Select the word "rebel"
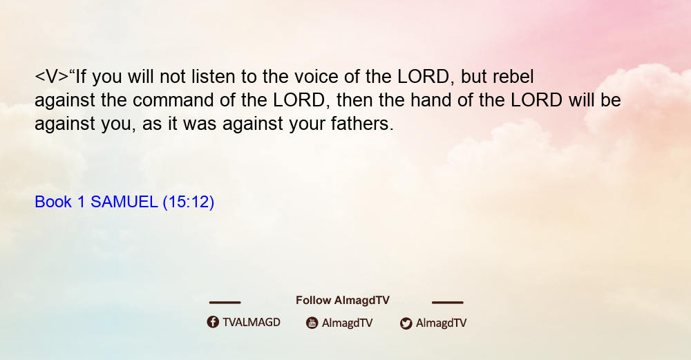(x=513, y=77)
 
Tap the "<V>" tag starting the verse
(x=52, y=77)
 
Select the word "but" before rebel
(x=474, y=77)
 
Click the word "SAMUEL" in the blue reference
(x=124, y=202)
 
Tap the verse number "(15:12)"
(x=188, y=202)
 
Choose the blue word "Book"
(x=53, y=202)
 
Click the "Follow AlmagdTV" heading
(x=343, y=300)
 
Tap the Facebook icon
(x=213, y=322)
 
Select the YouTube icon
(x=312, y=323)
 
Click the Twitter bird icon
(x=406, y=323)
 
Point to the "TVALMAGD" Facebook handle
(x=252, y=322)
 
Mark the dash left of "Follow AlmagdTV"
(x=225, y=303)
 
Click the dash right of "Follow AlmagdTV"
(x=447, y=303)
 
